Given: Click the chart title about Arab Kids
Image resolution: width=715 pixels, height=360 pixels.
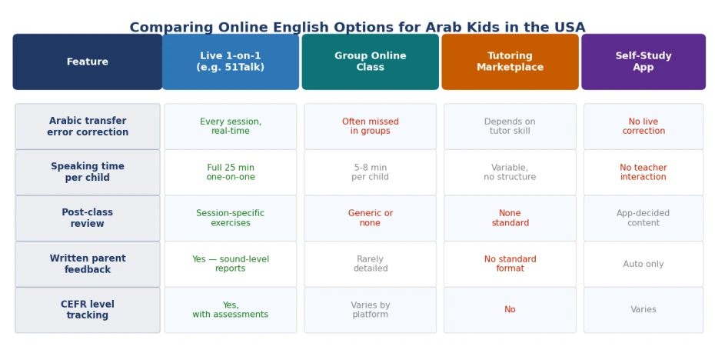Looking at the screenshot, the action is (x=357, y=28).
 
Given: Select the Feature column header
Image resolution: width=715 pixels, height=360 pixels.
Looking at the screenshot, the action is (x=88, y=62).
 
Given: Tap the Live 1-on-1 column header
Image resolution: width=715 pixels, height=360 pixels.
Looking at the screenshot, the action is (x=231, y=62).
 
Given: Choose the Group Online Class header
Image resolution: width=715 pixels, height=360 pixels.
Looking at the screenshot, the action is (x=371, y=62).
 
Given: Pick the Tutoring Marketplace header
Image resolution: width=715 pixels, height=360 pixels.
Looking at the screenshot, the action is (x=510, y=62).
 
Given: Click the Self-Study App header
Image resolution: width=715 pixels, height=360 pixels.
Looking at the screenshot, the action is (x=643, y=62).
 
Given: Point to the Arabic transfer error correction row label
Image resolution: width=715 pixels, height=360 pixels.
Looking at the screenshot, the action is (x=88, y=126).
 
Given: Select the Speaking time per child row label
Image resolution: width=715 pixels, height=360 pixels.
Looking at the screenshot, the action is (x=88, y=172).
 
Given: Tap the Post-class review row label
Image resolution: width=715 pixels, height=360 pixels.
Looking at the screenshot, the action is (x=88, y=218).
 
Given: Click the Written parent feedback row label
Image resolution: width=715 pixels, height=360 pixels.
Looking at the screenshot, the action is (x=88, y=264).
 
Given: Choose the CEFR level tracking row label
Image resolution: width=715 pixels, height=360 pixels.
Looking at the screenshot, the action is (x=88, y=310).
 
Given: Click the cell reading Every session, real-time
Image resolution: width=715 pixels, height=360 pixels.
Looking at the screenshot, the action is (x=231, y=126).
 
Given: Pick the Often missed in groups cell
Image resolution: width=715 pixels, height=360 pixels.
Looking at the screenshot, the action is (x=371, y=126).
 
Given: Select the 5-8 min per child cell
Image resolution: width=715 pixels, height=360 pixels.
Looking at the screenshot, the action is (x=371, y=172).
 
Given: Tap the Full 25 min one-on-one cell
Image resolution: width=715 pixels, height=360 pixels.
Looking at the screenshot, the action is (x=231, y=172).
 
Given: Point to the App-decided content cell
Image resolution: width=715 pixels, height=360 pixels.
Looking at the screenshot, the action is (x=643, y=218).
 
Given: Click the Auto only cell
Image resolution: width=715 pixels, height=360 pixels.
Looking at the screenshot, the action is (x=643, y=264).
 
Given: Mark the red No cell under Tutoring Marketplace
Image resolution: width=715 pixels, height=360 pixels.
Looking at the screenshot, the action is (x=510, y=310).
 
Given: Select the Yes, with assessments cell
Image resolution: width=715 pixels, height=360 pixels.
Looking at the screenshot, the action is (x=231, y=310).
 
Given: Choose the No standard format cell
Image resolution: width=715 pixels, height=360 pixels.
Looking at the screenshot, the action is (x=510, y=264).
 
